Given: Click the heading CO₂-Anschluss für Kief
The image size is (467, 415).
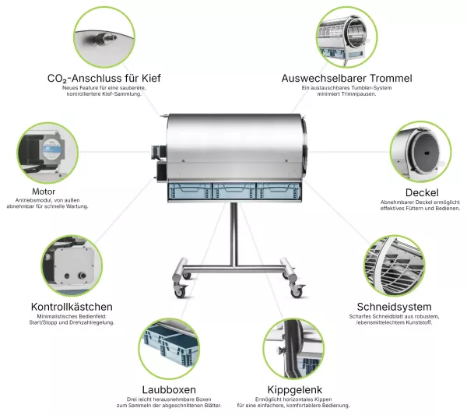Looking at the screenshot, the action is pos(104,79).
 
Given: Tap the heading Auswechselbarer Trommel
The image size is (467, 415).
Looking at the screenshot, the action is pos(346,79).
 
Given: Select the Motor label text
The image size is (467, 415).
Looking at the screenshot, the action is pos(44,192).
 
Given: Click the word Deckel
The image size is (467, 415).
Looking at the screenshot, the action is pos(422,193).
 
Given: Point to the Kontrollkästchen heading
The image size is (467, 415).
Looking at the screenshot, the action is pos(72,307).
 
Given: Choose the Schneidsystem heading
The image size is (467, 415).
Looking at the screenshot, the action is pos(394,307).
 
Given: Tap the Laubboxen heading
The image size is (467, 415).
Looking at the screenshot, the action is pos(169,389).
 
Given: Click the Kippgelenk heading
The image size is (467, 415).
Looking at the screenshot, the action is pos(295,389).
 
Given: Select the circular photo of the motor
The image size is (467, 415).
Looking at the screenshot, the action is pos(47,153).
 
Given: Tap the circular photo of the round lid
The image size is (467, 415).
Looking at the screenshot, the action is pos(420,151).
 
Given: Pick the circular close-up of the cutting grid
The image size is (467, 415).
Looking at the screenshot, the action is pos(395,266).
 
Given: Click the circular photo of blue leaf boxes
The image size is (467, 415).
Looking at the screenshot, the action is pos(169,349).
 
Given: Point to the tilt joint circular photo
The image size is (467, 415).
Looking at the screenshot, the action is pos(293,349).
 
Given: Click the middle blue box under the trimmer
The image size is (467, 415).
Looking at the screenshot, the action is pos(234,191).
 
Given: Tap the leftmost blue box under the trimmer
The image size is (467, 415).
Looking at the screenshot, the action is pos(191,191).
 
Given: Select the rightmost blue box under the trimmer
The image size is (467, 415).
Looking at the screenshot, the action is pos(279,191).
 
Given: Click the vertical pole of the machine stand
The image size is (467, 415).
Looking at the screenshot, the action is pos(234,234).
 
